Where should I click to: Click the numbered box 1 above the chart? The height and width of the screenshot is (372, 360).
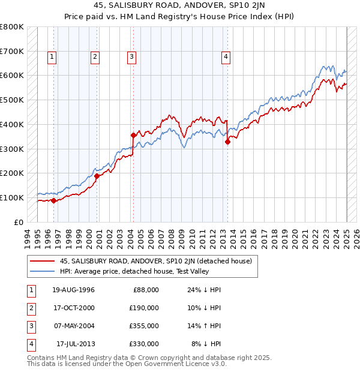53,58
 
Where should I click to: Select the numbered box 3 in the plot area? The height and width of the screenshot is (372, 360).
131,58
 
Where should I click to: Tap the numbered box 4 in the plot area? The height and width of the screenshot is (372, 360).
226,58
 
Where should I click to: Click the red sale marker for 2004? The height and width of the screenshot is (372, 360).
133,135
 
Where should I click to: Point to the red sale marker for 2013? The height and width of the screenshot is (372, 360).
228,142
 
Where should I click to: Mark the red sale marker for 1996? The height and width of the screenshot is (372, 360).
54,200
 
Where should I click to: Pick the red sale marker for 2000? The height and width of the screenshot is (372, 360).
97,176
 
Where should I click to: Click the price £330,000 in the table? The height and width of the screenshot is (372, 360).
143,344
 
